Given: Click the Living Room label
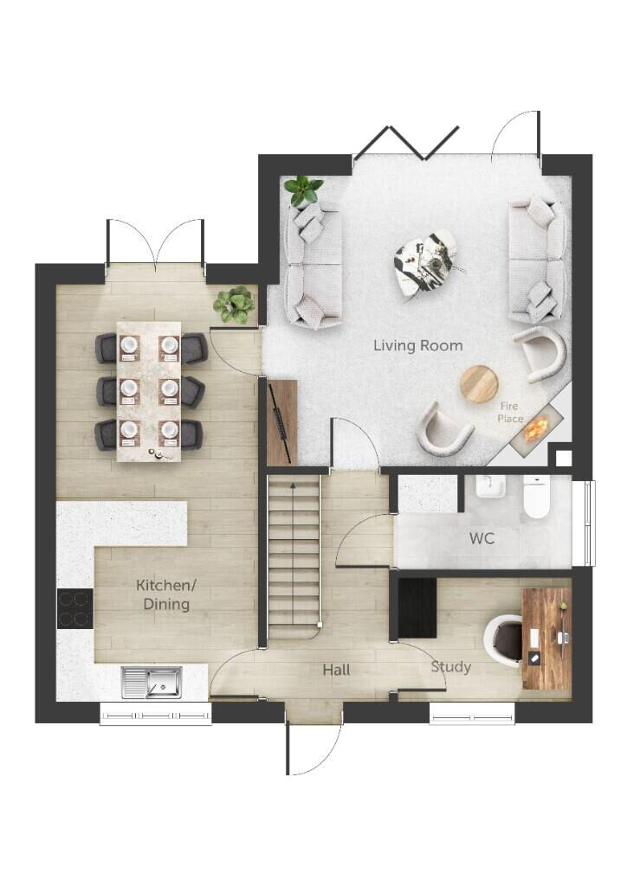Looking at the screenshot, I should click(x=417, y=345).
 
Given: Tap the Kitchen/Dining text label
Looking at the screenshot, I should click(x=163, y=594).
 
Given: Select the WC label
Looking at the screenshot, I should click(x=482, y=538).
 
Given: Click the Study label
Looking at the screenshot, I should click(x=451, y=666).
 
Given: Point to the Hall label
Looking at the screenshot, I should click(x=336, y=670).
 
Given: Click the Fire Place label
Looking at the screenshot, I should click(x=510, y=412).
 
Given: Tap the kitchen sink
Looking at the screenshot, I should click(x=152, y=682).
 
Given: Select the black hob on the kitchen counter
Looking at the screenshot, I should click(x=74, y=608).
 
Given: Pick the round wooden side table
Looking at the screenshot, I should click(x=479, y=383).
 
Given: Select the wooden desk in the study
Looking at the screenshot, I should click(x=546, y=639).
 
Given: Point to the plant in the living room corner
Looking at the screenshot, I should click(x=302, y=189).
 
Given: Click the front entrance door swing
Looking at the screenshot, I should click(x=313, y=748).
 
